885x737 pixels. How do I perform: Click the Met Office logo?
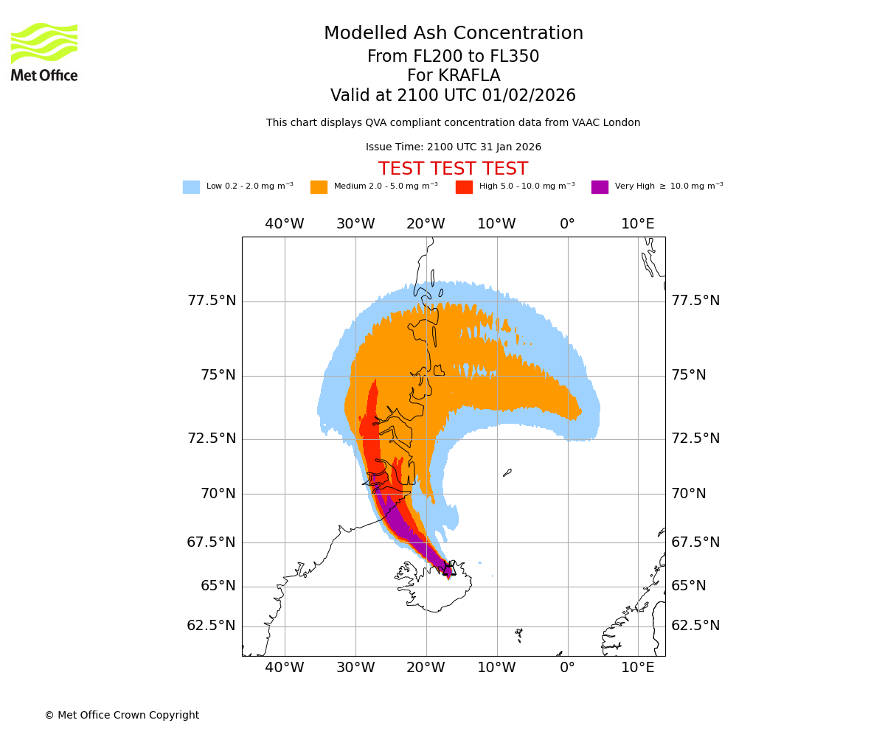(x=44, y=52)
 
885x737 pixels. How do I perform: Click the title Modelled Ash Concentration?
(x=453, y=34)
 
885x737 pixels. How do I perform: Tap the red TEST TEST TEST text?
(x=453, y=170)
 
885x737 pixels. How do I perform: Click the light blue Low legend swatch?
(x=191, y=187)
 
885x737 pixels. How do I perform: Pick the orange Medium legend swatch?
(x=319, y=187)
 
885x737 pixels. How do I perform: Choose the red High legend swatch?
(x=464, y=187)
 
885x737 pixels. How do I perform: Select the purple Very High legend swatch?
(x=600, y=187)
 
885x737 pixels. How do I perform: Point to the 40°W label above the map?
(x=285, y=224)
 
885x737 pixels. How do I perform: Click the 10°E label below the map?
(x=637, y=668)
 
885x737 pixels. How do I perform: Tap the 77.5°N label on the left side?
(x=212, y=301)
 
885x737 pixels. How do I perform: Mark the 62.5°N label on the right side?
(x=695, y=626)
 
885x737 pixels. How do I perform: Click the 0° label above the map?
(x=567, y=224)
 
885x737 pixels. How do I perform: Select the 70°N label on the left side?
(x=218, y=494)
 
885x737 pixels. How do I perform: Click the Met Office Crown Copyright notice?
(x=122, y=716)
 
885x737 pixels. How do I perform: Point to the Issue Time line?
(x=453, y=147)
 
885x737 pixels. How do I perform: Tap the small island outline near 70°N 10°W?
(x=507, y=472)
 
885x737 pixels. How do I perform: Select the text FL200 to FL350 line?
(x=453, y=57)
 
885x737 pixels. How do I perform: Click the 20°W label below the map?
(x=426, y=668)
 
